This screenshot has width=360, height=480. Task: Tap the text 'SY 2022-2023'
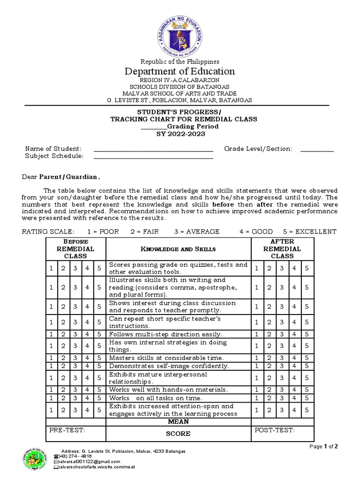click(180, 134)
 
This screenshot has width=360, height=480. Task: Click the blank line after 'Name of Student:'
click(153, 149)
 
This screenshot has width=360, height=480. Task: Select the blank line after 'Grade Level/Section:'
click(317, 149)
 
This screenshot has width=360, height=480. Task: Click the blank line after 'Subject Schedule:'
click(153, 157)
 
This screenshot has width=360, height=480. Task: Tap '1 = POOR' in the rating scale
click(103, 232)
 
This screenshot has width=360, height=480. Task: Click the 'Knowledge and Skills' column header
click(178, 249)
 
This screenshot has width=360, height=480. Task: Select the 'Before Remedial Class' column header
click(75, 248)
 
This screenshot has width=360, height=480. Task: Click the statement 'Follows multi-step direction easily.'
click(165, 334)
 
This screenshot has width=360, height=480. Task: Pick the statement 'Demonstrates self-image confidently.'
click(169, 366)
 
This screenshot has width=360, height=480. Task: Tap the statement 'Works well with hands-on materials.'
click(168, 390)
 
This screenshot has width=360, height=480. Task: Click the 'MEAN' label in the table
click(178, 422)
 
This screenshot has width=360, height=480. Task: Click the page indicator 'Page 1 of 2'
click(324, 447)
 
